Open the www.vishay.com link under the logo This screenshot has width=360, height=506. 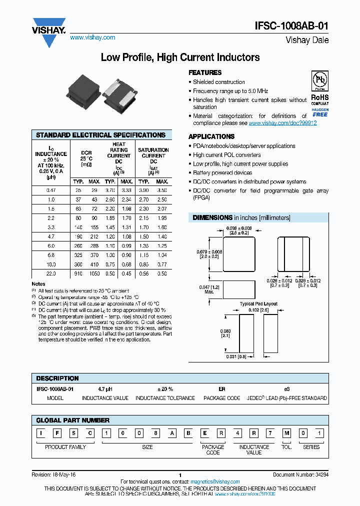(92, 37)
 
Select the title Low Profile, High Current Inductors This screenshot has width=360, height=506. (180, 57)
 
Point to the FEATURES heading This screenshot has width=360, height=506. (205, 72)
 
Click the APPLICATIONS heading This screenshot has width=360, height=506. (211, 136)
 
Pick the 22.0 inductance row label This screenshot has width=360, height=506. (50, 273)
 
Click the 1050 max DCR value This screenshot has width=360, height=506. (94, 273)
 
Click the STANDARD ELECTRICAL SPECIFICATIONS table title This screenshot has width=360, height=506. (101, 135)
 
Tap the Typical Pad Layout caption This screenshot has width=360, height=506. (258, 304)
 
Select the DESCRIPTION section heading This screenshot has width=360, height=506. (57, 378)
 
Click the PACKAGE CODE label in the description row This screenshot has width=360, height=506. (221, 398)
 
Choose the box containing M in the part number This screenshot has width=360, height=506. (286, 433)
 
